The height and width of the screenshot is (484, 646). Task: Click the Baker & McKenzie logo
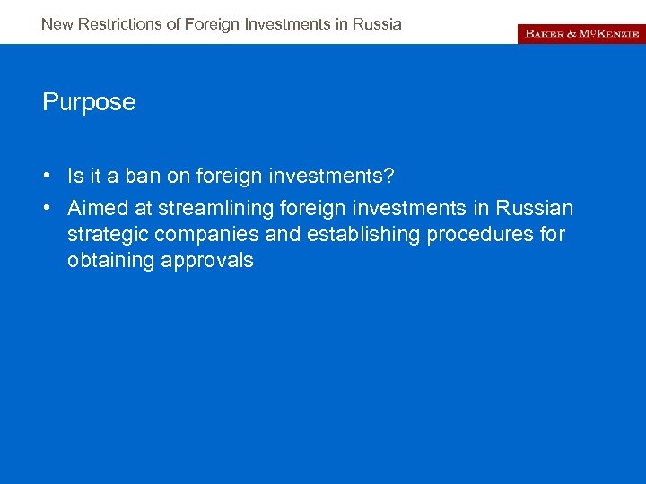pyautogui.click(x=581, y=33)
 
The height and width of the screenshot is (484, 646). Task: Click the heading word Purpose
pyautogui.click(x=89, y=102)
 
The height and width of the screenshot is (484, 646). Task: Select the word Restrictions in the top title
pyautogui.click(x=120, y=24)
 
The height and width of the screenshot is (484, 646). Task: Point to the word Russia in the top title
pyautogui.click(x=380, y=24)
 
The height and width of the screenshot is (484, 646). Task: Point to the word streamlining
pyautogui.click(x=215, y=209)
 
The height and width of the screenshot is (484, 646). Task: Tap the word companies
pyautogui.click(x=196, y=235)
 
